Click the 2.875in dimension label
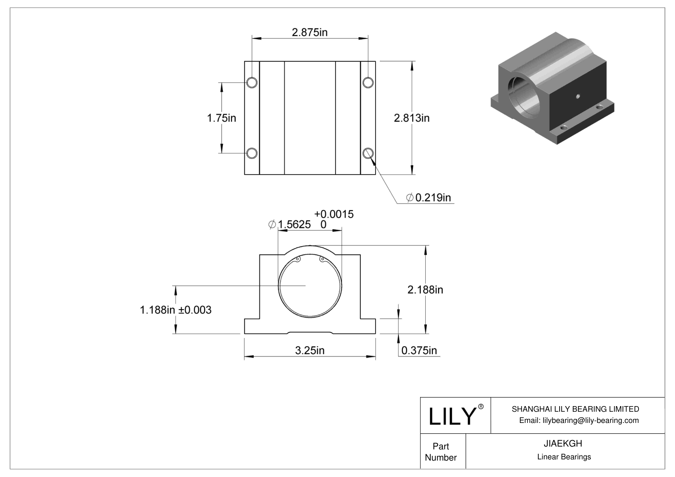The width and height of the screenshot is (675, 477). click(x=309, y=32)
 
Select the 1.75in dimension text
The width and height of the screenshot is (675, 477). click(x=221, y=118)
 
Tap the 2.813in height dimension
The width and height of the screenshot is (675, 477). click(x=412, y=118)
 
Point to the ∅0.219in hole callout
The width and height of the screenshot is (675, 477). click(x=428, y=197)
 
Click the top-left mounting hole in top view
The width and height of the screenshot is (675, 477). click(x=252, y=83)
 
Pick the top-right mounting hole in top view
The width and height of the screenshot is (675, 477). click(x=368, y=83)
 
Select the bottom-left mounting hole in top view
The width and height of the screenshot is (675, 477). click(x=252, y=153)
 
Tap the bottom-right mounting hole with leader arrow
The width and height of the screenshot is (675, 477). click(x=368, y=153)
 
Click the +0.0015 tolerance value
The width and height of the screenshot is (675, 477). click(x=333, y=214)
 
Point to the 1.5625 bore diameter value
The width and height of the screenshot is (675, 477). click(x=294, y=225)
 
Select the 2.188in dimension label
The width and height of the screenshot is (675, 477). click(x=425, y=290)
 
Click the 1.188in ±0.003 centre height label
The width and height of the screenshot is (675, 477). click(x=176, y=310)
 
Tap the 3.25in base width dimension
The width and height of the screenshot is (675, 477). click(x=310, y=350)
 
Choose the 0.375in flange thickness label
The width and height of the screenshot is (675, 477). click(x=419, y=350)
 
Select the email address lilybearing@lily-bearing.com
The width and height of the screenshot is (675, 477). click(x=579, y=420)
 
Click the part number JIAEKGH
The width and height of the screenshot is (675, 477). click(x=563, y=443)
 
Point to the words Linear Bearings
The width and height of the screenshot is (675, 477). click(x=564, y=457)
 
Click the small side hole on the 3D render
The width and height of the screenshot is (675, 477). click(x=578, y=96)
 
